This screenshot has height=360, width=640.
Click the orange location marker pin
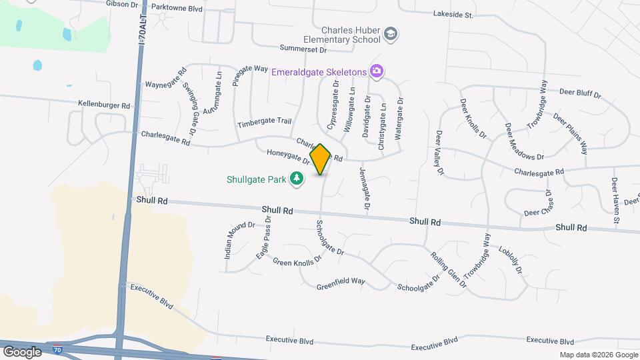(x=321, y=159)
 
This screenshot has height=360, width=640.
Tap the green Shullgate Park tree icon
(x=297, y=179)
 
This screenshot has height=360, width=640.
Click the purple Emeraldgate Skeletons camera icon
(x=377, y=71)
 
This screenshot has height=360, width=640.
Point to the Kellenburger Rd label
(x=104, y=105)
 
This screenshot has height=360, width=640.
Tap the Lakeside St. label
(x=453, y=13)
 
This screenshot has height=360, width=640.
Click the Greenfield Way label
(x=341, y=283)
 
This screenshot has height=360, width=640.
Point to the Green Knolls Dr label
(x=297, y=259)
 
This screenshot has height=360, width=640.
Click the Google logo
(x=22, y=351)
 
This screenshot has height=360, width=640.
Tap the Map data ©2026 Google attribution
(x=598, y=355)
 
